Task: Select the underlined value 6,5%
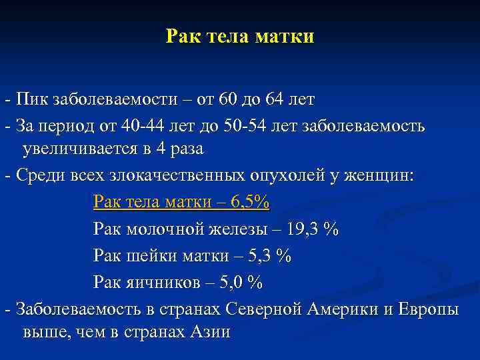coord(249,202)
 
